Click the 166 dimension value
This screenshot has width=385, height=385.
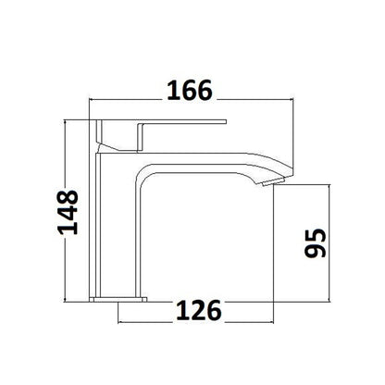pos(190,90)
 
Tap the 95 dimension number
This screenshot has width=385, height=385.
pos(317,243)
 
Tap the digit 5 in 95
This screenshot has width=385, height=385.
pos(317,230)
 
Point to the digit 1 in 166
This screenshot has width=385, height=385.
pos(171,90)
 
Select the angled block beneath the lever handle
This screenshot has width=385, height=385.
pos(120,137)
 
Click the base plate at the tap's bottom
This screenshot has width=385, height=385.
pos(120,298)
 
